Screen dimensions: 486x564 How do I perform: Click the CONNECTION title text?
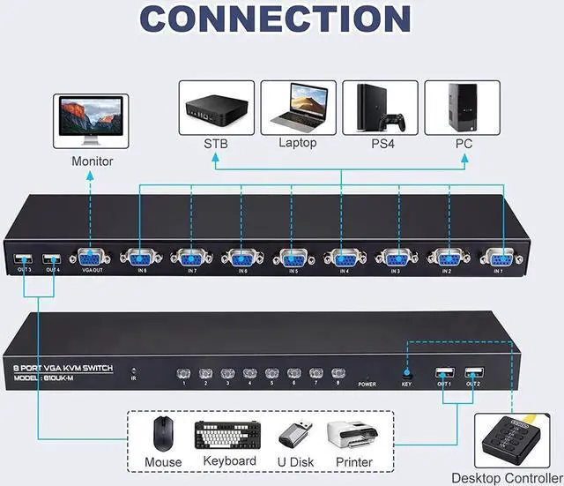click(282, 19)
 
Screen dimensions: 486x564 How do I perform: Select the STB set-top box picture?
click(216, 108)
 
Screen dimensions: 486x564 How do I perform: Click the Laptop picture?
click(297, 108)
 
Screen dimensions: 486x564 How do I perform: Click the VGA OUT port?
click(93, 258)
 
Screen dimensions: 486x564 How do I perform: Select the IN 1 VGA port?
click(496, 258)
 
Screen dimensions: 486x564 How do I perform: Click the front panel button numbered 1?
click(184, 374)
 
